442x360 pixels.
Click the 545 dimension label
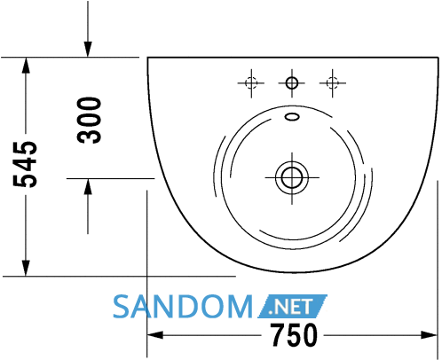[x=25, y=165]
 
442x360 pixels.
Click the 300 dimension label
[x=89, y=121]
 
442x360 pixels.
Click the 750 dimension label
[x=294, y=335]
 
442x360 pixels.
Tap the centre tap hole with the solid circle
[x=292, y=83]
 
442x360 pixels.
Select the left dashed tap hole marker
[x=251, y=83]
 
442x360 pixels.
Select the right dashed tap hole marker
[x=333, y=83]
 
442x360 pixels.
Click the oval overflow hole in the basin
[x=292, y=117]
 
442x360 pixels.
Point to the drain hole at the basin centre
[x=292, y=178]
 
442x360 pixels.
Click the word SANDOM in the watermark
[x=183, y=307]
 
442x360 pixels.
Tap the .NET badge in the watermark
[x=292, y=307]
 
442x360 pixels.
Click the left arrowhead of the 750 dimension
[x=154, y=335]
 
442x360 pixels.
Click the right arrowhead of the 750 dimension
[x=429, y=335]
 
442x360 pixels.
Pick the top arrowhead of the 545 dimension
[x=26, y=65]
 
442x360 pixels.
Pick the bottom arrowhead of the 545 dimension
[x=26, y=268]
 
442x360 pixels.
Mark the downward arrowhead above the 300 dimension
[x=88, y=49]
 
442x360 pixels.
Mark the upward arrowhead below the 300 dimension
[x=88, y=186]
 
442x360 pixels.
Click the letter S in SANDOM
[x=122, y=307]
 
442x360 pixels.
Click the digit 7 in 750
[x=278, y=335]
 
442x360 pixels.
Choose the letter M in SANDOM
[x=240, y=307]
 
